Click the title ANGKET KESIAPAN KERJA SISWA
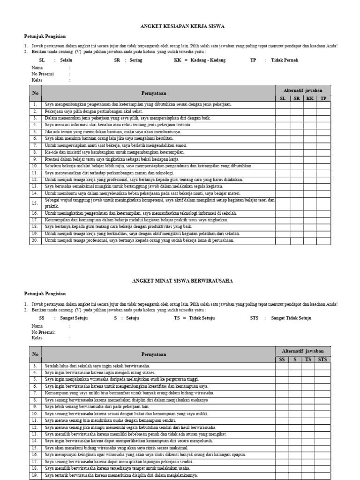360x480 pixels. [x=183, y=27]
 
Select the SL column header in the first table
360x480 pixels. [x=282, y=98]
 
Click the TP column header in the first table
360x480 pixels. [x=323, y=98]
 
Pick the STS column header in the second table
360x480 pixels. [x=322, y=360]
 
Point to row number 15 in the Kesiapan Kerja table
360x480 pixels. [x=35, y=203]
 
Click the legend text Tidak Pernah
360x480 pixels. [x=285, y=60]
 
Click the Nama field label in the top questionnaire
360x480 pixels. [x=37, y=67]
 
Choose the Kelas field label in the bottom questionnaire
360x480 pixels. [x=37, y=337]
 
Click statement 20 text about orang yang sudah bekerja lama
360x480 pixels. [x=139, y=240]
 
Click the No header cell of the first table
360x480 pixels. [x=35, y=94]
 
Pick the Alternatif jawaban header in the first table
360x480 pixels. [x=302, y=90]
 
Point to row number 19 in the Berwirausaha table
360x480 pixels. [x=35, y=475]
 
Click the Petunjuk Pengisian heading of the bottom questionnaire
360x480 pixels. [x=45, y=293]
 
